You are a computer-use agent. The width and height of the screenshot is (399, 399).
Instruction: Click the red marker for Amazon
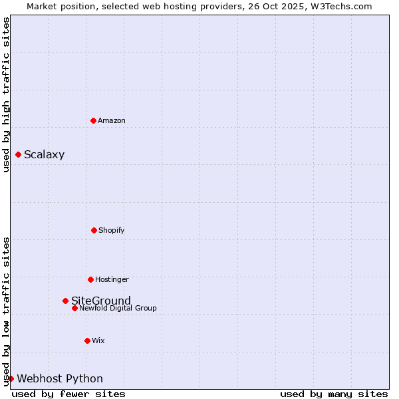point(93,120)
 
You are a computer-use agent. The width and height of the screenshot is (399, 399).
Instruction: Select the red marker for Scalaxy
point(18,155)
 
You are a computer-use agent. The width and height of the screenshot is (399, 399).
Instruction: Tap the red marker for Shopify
point(94,230)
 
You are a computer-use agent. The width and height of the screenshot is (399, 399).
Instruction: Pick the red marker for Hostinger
point(90,279)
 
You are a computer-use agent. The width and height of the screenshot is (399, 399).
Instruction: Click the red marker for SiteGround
point(65,301)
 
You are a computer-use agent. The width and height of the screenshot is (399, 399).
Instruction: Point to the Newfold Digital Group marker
point(74,308)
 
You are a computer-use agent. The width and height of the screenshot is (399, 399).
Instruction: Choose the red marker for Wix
point(87,340)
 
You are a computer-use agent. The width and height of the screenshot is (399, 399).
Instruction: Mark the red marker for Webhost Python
point(11,378)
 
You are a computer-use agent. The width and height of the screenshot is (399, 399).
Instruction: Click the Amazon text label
point(112,120)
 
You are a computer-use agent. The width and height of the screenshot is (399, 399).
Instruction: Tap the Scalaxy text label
point(44,155)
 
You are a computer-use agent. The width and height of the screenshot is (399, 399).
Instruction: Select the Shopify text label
point(112,230)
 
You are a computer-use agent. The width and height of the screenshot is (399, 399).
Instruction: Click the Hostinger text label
point(112,279)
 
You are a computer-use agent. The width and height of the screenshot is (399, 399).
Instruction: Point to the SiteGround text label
point(101,301)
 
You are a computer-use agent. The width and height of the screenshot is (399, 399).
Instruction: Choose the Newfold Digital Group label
point(118,308)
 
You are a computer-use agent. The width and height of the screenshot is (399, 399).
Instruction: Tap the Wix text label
point(98,340)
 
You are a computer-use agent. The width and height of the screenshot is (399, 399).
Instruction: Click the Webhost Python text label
point(60,379)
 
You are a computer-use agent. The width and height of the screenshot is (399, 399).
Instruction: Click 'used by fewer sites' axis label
point(68,394)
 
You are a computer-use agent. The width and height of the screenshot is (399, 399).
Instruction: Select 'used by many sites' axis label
point(334,394)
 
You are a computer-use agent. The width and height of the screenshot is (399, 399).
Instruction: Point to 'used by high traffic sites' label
point(6,94)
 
